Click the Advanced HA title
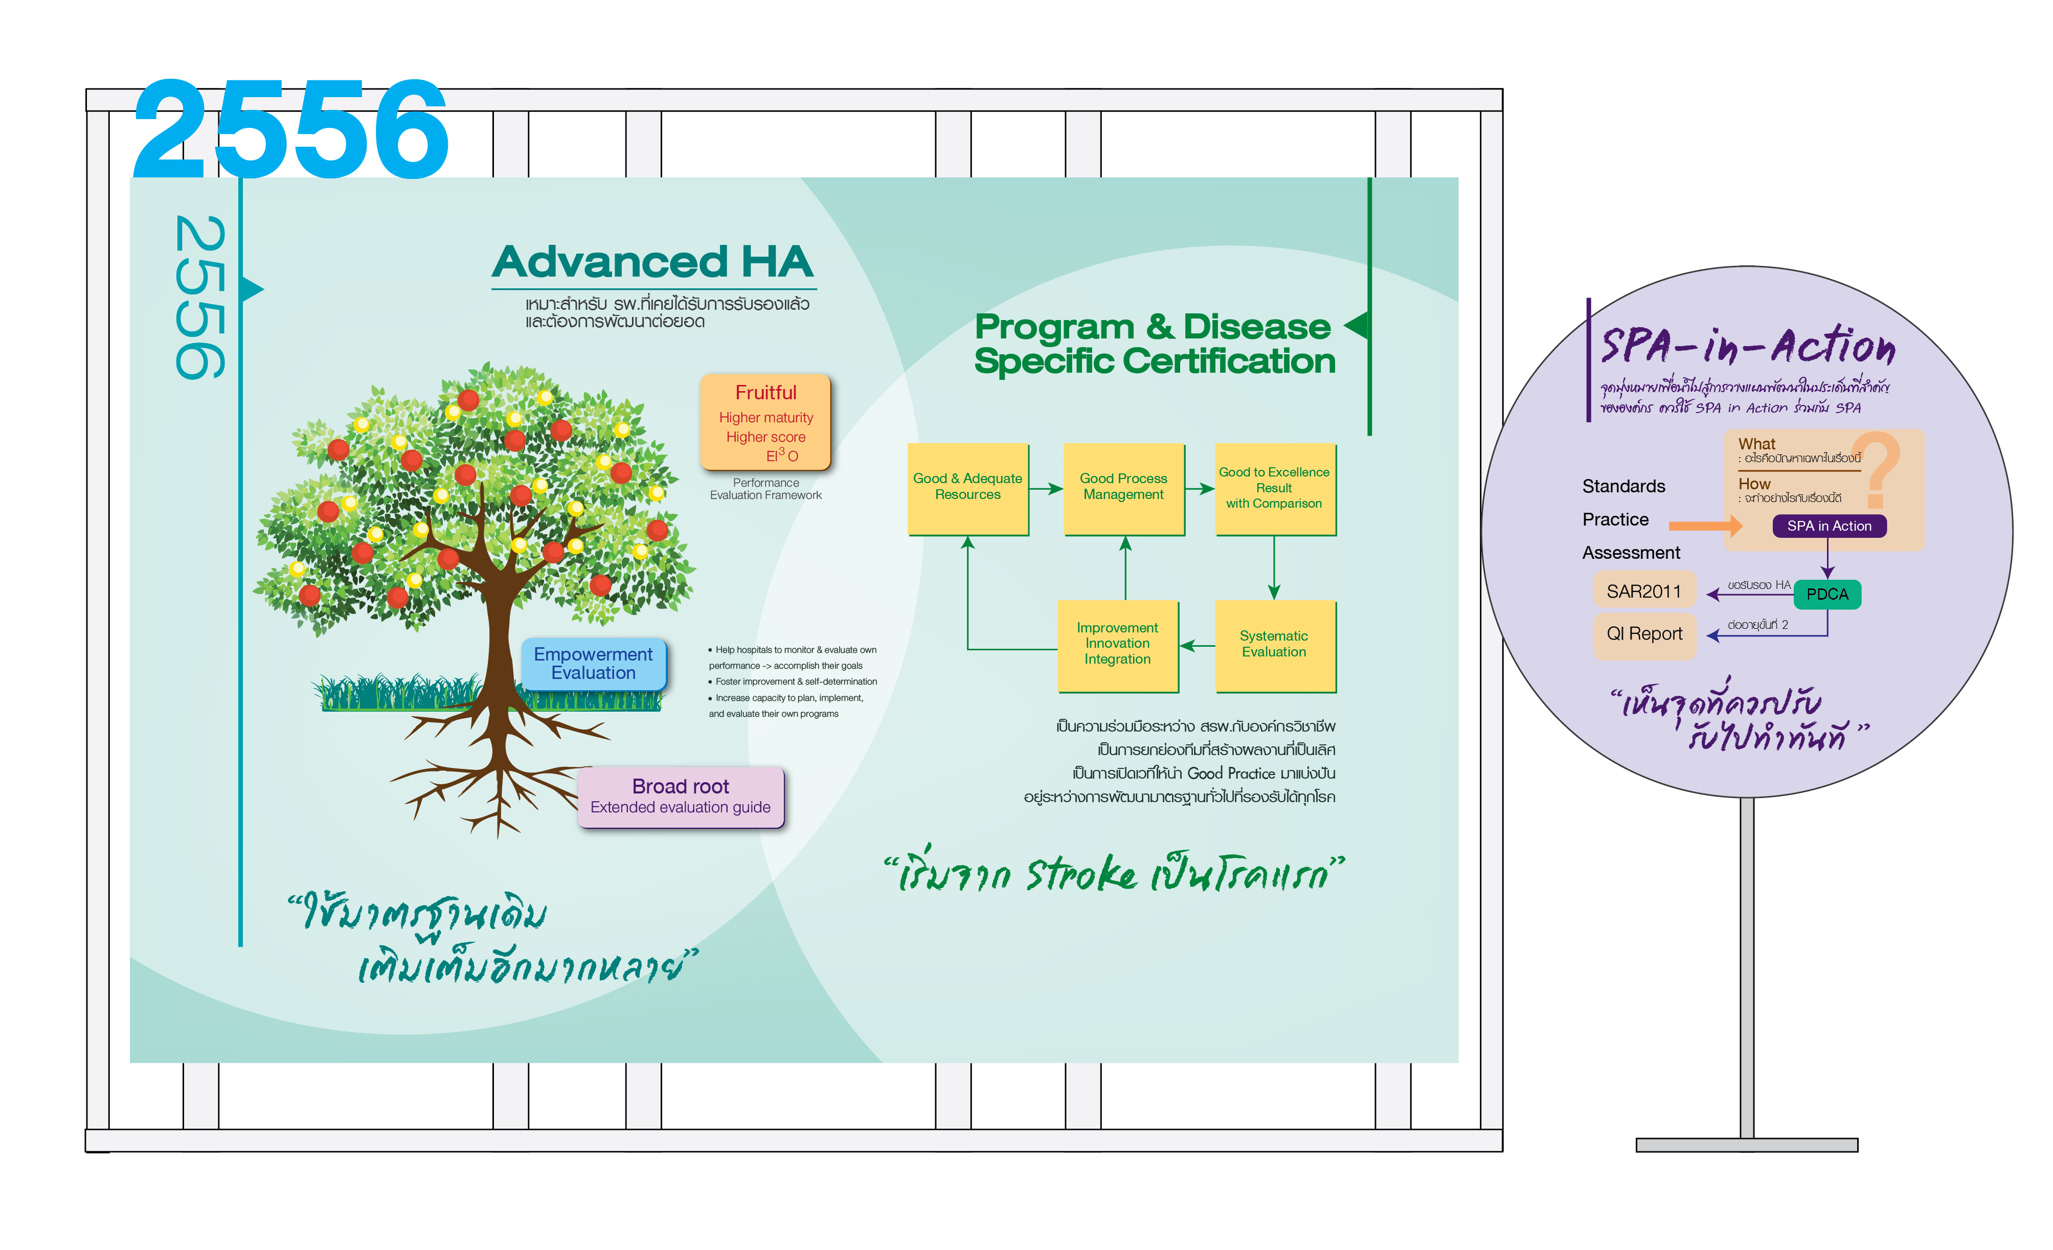(652, 262)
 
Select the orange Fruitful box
(765, 422)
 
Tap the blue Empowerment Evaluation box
(593, 663)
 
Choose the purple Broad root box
(680, 797)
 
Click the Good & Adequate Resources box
(967, 488)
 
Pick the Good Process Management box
(1123, 488)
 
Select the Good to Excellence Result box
(1274, 488)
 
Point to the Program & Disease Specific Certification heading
(1154, 344)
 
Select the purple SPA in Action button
(1829, 526)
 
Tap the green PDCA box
(1827, 594)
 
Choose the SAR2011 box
(1644, 592)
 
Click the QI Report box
(1644, 634)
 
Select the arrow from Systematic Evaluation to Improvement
(1198, 645)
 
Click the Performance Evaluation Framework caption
(765, 489)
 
